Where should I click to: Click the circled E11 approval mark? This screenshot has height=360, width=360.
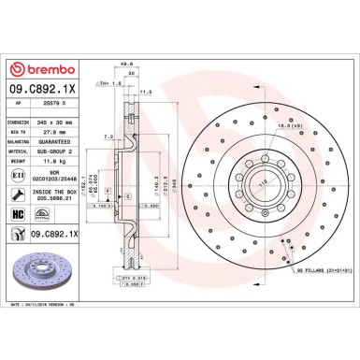click(x=19, y=177)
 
